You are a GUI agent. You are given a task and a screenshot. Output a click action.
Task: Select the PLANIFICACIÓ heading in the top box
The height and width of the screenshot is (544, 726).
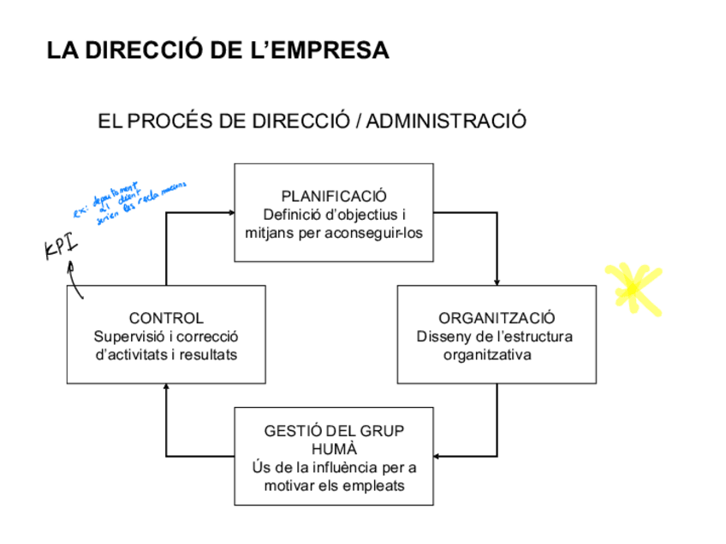click(x=334, y=196)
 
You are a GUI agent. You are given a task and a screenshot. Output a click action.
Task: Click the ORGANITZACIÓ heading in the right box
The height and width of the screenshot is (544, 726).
click(x=497, y=318)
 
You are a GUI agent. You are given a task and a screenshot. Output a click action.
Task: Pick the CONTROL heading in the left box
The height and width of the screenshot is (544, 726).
click(x=166, y=318)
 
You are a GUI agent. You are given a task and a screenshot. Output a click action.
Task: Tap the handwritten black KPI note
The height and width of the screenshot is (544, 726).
click(x=61, y=247)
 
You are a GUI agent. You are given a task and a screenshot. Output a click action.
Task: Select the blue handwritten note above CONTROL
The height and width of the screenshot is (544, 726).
click(x=128, y=202)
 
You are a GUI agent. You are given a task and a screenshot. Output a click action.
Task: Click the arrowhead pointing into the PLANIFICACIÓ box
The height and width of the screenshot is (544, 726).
click(x=230, y=212)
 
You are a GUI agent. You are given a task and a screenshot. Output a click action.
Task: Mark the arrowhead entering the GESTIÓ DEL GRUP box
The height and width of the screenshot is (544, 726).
click(x=438, y=456)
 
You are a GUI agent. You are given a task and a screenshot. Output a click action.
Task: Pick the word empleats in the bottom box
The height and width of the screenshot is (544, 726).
click(x=376, y=485)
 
